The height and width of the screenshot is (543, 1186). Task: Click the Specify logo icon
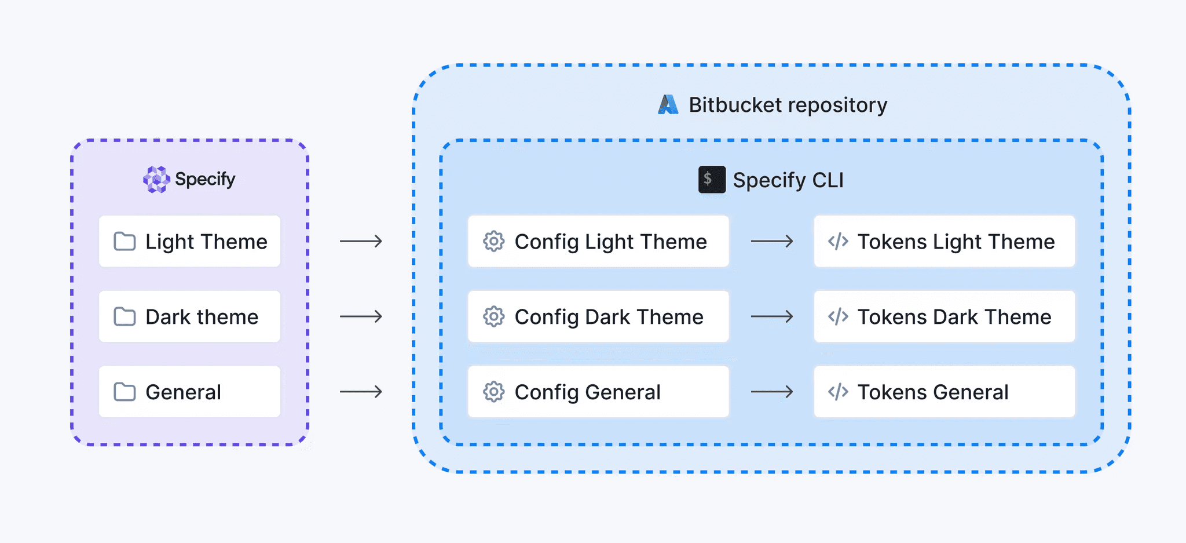pyautogui.click(x=156, y=179)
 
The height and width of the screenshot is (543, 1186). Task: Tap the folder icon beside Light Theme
pyautogui.click(x=125, y=241)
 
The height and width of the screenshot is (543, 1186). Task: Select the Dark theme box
pyautogui.click(x=189, y=316)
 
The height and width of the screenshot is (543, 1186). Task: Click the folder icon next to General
pyautogui.click(x=125, y=392)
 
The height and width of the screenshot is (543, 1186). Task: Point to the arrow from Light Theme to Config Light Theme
pyautogui.click(x=361, y=241)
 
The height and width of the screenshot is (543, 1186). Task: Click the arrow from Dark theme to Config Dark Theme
pyautogui.click(x=361, y=316)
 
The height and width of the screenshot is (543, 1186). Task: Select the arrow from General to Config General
pyautogui.click(x=361, y=392)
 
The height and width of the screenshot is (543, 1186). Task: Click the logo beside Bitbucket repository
pyautogui.click(x=668, y=105)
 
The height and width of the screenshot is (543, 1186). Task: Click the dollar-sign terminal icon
pyautogui.click(x=712, y=180)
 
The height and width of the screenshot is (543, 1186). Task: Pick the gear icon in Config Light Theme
pyautogui.click(x=494, y=241)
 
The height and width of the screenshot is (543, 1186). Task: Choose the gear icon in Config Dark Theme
pyautogui.click(x=494, y=316)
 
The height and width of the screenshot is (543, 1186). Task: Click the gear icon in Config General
pyautogui.click(x=494, y=392)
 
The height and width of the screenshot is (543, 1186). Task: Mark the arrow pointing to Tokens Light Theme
pyautogui.click(x=772, y=241)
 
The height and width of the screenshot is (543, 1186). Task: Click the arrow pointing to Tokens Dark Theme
pyautogui.click(x=772, y=316)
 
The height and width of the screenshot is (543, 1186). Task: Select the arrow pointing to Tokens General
pyautogui.click(x=772, y=392)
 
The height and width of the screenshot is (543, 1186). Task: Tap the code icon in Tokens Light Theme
pyautogui.click(x=838, y=241)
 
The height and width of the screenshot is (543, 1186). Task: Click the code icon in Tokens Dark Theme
pyautogui.click(x=838, y=316)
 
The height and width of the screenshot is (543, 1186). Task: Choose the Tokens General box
pyautogui.click(x=944, y=392)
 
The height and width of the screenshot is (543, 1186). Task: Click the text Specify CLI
pyautogui.click(x=788, y=180)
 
